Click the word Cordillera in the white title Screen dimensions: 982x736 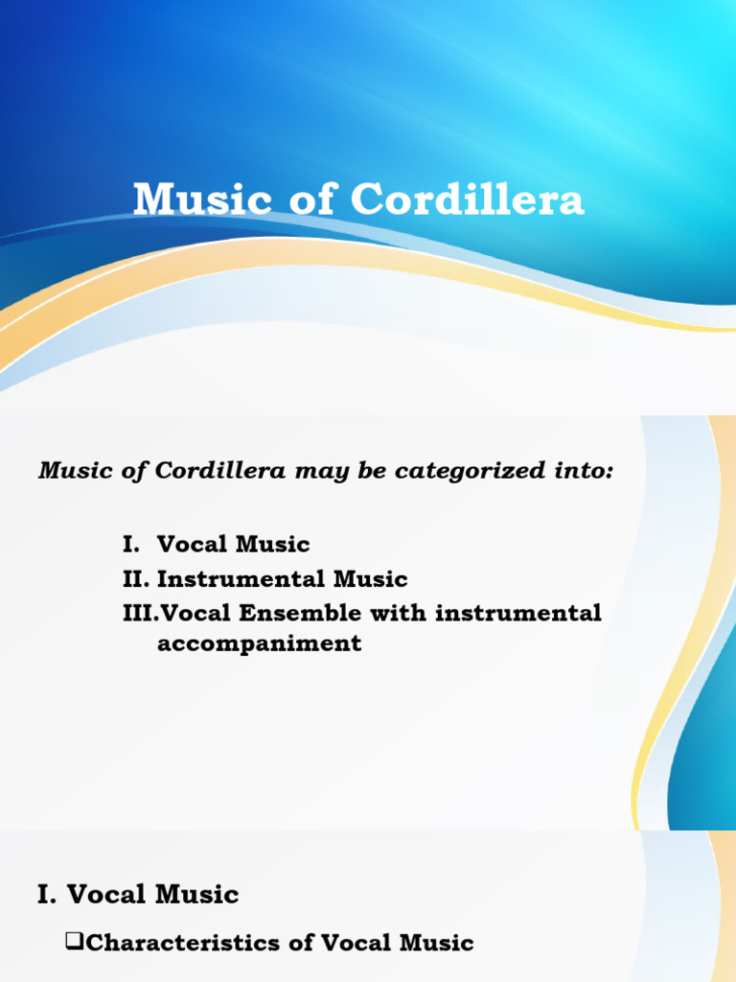pos(467,200)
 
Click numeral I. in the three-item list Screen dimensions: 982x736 pos(131,545)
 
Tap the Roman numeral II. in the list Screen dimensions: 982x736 pos(135,579)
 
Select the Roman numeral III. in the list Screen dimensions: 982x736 pos(139,613)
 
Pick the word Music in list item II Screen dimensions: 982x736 pos(370,579)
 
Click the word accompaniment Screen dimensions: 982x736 pos(259,643)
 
